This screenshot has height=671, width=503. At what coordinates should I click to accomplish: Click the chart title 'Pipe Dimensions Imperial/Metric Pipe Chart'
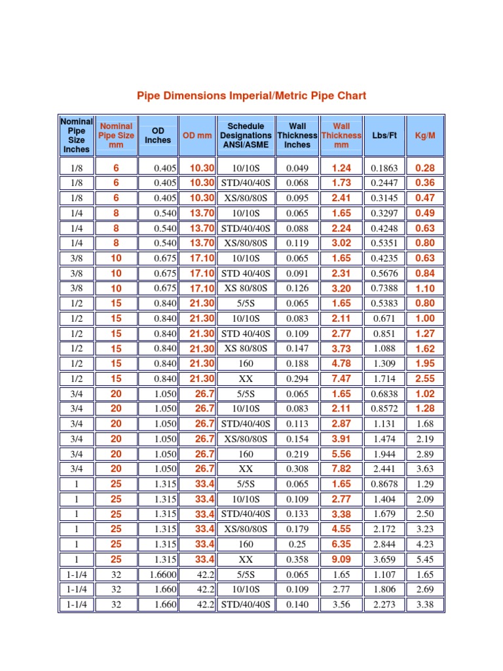click(x=251, y=96)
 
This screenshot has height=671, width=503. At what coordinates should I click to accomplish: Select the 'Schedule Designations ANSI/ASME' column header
click(x=246, y=135)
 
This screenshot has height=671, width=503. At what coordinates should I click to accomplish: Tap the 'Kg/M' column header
click(x=425, y=135)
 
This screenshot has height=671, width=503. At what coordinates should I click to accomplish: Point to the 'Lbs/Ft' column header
click(x=384, y=135)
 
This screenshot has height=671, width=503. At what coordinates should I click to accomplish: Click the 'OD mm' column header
click(x=197, y=135)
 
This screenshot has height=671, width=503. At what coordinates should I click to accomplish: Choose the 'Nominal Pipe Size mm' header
click(x=116, y=135)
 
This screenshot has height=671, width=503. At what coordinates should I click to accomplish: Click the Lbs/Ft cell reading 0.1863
click(x=384, y=168)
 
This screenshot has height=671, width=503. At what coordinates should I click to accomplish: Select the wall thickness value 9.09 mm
click(x=341, y=560)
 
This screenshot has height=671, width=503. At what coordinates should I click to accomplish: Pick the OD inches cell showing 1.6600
click(x=161, y=575)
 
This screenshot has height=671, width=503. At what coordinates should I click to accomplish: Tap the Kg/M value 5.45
click(x=425, y=560)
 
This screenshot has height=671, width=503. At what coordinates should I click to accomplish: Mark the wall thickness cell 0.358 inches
click(x=297, y=560)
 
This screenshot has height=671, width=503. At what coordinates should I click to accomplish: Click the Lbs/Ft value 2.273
click(x=384, y=605)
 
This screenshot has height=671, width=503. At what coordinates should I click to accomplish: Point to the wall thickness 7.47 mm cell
click(x=341, y=379)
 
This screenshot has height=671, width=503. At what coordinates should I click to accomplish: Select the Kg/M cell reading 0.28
click(x=425, y=168)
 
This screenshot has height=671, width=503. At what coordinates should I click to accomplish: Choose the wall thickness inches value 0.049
click(x=297, y=168)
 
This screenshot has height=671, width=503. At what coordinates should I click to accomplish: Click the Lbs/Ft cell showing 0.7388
click(x=384, y=288)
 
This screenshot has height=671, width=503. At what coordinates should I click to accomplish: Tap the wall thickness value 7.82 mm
click(x=341, y=469)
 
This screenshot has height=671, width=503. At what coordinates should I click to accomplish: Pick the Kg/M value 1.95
click(x=425, y=364)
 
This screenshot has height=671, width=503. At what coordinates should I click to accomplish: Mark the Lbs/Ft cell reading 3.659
click(x=384, y=560)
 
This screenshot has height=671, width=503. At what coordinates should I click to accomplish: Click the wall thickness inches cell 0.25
click(x=297, y=545)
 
